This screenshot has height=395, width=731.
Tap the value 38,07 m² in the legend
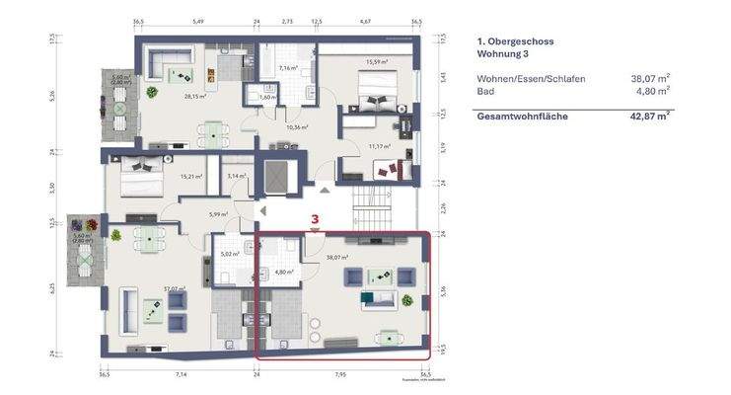click(x=650, y=77)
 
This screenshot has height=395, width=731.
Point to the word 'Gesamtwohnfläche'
click(x=522, y=116)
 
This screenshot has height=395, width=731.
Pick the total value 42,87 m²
click(x=650, y=116)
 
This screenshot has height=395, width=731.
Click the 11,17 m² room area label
click(x=379, y=146)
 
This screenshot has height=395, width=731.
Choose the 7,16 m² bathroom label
click(x=288, y=69)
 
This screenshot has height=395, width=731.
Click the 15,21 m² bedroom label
click(x=190, y=177)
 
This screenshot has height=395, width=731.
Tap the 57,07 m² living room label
click(x=147, y=289)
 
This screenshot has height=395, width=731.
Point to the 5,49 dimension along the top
click(x=197, y=21)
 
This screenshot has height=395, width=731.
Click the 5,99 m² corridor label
click(x=217, y=214)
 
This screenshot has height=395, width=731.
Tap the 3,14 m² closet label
click(x=237, y=176)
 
